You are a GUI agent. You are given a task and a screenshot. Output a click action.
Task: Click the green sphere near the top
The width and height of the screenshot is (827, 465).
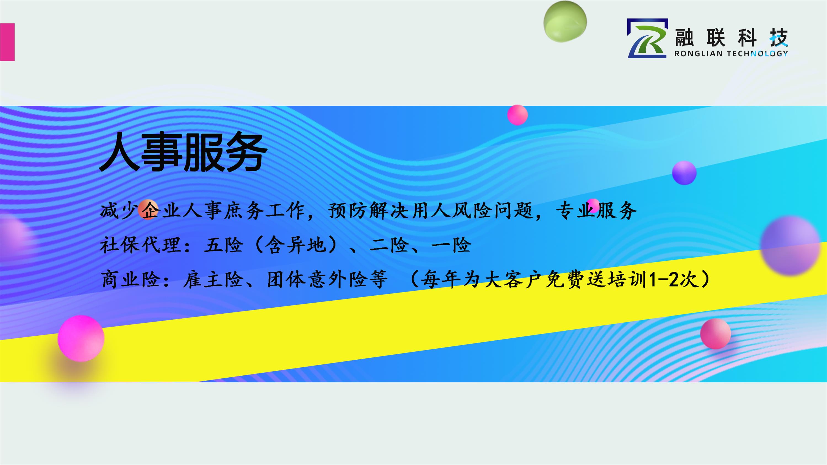tap(565, 22)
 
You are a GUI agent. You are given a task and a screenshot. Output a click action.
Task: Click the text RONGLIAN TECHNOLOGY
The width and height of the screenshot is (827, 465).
tap(731, 54)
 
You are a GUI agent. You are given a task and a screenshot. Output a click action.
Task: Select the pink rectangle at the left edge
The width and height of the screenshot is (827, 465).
tap(7, 42)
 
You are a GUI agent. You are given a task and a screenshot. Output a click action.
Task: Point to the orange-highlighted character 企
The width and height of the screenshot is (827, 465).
tap(149, 210)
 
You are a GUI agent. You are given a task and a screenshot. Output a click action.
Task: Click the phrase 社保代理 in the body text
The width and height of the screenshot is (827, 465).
tap(140, 245)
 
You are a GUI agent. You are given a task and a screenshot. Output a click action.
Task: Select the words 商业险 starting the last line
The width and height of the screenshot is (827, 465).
tap(130, 279)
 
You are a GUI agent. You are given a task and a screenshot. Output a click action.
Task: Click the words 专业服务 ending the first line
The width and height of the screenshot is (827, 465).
tap(596, 210)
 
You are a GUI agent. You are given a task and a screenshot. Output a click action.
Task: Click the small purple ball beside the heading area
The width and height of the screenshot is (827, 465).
tap(684, 173)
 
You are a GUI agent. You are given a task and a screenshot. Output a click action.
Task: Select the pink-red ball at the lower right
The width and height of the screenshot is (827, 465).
tap(716, 334)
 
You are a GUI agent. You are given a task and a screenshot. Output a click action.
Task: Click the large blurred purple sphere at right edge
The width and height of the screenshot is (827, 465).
tap(790, 245)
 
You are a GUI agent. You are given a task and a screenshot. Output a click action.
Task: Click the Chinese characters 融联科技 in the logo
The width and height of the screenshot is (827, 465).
tap(731, 38)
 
